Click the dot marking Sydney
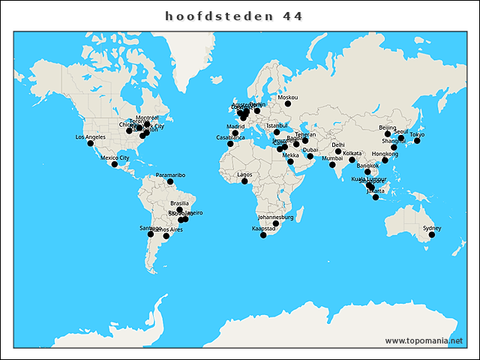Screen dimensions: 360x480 coord(431,235)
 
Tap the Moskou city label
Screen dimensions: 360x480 coord(288,97)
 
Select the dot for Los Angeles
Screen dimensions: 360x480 coord(91,144)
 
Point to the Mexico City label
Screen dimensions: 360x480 coord(115,157)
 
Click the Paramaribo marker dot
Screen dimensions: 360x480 coord(170,181)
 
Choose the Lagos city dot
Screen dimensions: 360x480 coord(244,181)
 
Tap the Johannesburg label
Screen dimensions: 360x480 coord(275,217)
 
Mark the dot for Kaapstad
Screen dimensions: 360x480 coord(263,235)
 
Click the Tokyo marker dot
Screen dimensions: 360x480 coord(417,141)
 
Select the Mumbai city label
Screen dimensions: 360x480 coord(332,158)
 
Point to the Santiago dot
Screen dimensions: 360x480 coord(151,234)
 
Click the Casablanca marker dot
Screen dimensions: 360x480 coord(230,144)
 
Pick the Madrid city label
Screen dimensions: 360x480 coord(236,127)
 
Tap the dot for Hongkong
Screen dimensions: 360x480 coord(385,160)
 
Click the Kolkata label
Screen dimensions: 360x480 coord(352,153)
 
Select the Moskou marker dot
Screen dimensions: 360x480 coord(287,104)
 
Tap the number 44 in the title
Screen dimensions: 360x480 coord(292,16)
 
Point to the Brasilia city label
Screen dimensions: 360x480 coord(180,203)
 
